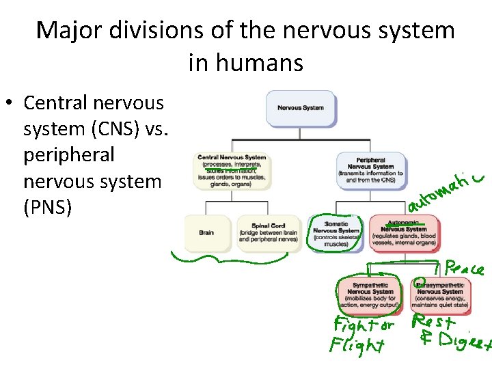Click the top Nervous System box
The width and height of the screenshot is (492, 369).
[300, 108]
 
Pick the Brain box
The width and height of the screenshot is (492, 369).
[207, 233]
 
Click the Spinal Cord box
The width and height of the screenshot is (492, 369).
[268, 232]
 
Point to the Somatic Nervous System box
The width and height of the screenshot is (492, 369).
[336, 233]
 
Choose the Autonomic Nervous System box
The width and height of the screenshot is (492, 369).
[402, 232]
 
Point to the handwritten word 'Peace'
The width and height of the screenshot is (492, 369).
[465, 269]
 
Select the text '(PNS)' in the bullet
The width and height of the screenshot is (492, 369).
[47, 207]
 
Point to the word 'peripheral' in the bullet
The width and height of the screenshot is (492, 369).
[69, 154]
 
